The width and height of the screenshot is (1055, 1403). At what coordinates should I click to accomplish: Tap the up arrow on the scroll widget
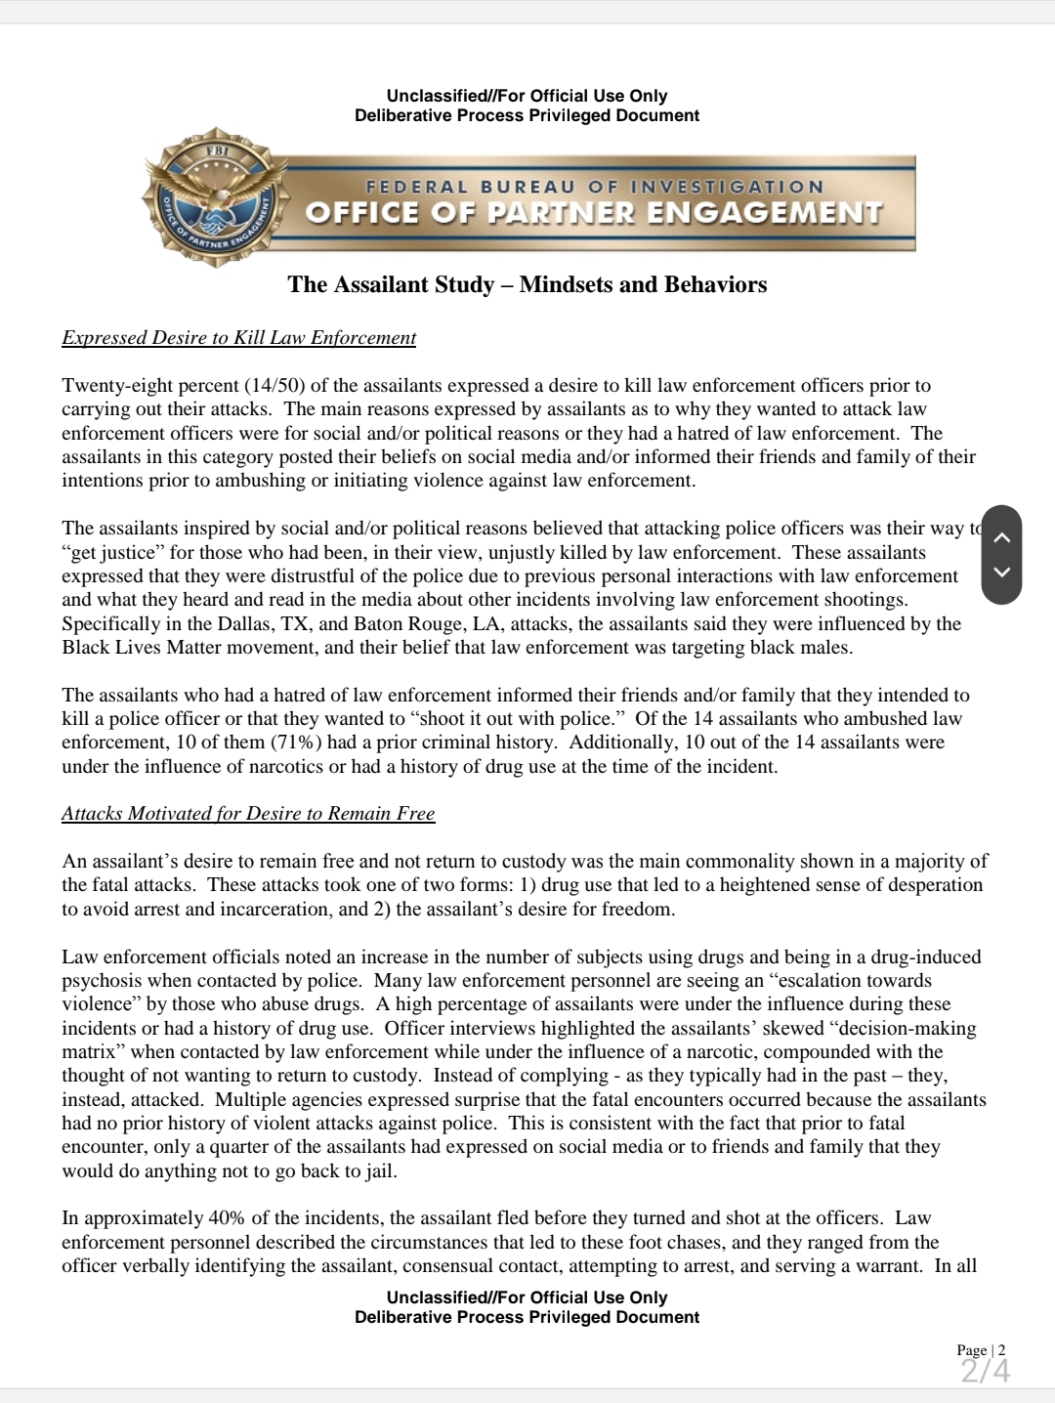[1001, 536]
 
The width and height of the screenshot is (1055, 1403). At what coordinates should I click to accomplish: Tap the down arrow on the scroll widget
[1001, 573]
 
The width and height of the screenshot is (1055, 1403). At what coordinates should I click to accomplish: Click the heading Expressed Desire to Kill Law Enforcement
[238, 338]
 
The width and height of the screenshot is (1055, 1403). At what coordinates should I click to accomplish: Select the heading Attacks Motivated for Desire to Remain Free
[248, 814]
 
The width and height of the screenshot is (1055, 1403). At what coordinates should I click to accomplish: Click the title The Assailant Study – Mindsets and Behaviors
[527, 284]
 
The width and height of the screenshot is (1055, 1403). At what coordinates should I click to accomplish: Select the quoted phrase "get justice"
[108, 552]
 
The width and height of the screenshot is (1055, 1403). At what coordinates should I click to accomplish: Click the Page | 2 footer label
[981, 1350]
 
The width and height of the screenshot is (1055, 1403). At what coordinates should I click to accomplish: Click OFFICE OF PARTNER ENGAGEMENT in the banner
[594, 212]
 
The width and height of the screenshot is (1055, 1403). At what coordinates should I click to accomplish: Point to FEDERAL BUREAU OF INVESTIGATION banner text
[594, 187]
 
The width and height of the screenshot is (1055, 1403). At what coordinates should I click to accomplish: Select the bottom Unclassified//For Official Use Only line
[527, 1297]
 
